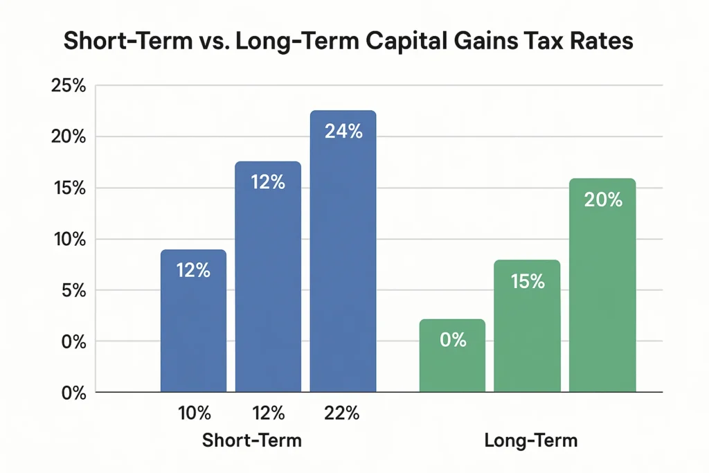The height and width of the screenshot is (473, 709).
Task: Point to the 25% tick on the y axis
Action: pyautogui.click(x=69, y=86)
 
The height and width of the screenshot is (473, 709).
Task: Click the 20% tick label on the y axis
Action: pyautogui.click(x=69, y=137)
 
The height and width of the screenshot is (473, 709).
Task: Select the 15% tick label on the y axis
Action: pyautogui.click(x=69, y=188)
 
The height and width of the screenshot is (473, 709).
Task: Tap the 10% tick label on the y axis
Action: pyautogui.click(x=69, y=240)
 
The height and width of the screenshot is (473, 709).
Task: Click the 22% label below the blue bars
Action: pyautogui.click(x=342, y=414)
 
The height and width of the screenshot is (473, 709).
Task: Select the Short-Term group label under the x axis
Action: pyautogui.click(x=251, y=440)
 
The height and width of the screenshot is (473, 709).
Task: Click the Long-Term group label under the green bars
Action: pyautogui.click(x=531, y=440)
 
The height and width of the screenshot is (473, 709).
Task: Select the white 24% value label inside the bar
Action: pyautogui.click(x=343, y=132)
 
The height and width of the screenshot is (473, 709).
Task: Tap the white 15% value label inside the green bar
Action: pyautogui.click(x=527, y=282)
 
